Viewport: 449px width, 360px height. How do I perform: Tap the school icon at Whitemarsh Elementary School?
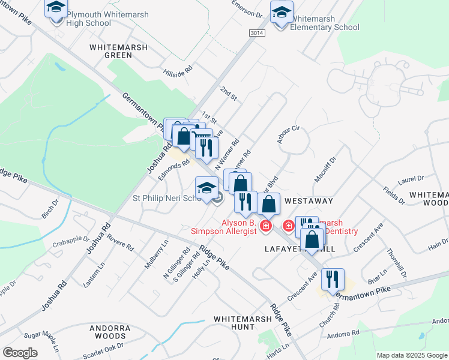coord(282,12)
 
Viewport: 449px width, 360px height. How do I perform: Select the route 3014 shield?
coord(256,34)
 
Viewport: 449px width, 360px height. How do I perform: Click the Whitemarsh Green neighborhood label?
coord(110,50)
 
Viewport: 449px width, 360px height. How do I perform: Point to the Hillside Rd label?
coord(178,71)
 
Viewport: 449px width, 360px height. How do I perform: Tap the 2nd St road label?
coord(229,93)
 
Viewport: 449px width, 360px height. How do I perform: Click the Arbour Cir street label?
coord(289,132)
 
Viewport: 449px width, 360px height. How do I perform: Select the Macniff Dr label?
coord(325,171)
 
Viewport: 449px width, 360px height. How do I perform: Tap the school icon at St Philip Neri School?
coord(206,187)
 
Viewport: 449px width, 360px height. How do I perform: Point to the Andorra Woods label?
coord(110,332)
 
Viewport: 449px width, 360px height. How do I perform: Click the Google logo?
coord(20,353)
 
